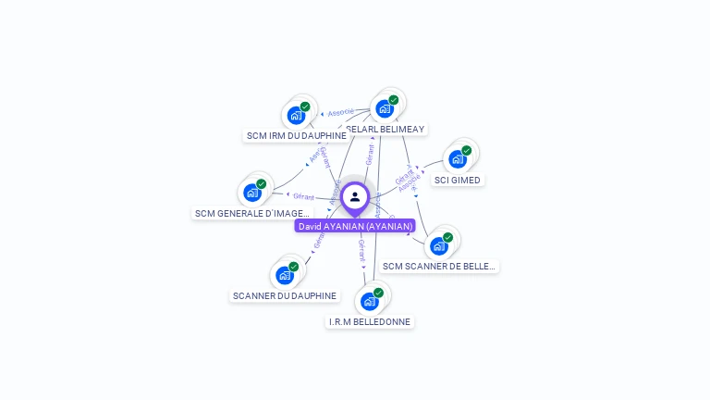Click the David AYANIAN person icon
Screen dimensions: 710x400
(x=355, y=196)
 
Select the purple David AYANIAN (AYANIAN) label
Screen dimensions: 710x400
(x=355, y=226)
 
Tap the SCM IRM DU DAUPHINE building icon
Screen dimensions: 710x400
(x=296, y=116)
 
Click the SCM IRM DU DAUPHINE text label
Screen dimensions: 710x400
(x=296, y=136)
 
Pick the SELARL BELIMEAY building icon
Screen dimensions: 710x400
(x=385, y=108)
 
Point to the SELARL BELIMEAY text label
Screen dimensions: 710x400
(x=386, y=130)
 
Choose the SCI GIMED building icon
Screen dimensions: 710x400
(x=458, y=158)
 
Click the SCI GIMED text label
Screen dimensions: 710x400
(x=458, y=181)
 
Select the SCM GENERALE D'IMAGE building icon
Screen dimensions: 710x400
(x=252, y=193)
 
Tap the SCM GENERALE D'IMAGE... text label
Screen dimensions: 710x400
(x=252, y=214)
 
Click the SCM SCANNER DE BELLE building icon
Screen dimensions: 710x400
(x=439, y=245)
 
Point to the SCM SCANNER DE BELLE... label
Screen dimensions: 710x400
(x=439, y=267)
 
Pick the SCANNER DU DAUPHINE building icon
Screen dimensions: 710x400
(x=285, y=275)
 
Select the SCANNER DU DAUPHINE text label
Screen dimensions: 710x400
(x=285, y=296)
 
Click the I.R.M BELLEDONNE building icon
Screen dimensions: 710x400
(x=370, y=301)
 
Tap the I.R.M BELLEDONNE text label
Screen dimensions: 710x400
(x=370, y=322)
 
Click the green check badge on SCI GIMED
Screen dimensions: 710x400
(x=467, y=150)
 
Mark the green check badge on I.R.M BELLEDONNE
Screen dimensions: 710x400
(x=378, y=293)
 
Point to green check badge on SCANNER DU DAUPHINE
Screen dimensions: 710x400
(x=294, y=267)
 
